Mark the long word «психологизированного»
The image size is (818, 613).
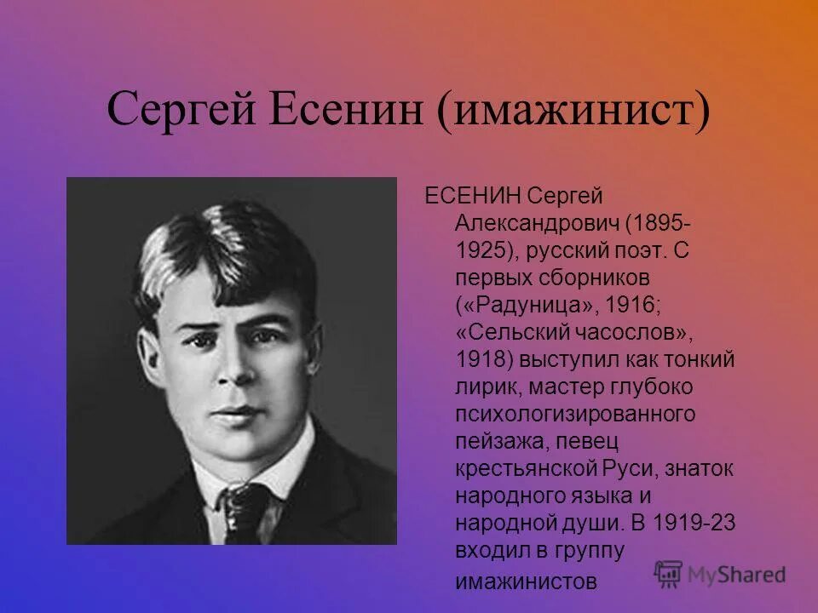point(575,414)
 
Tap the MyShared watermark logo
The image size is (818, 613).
point(720,573)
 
